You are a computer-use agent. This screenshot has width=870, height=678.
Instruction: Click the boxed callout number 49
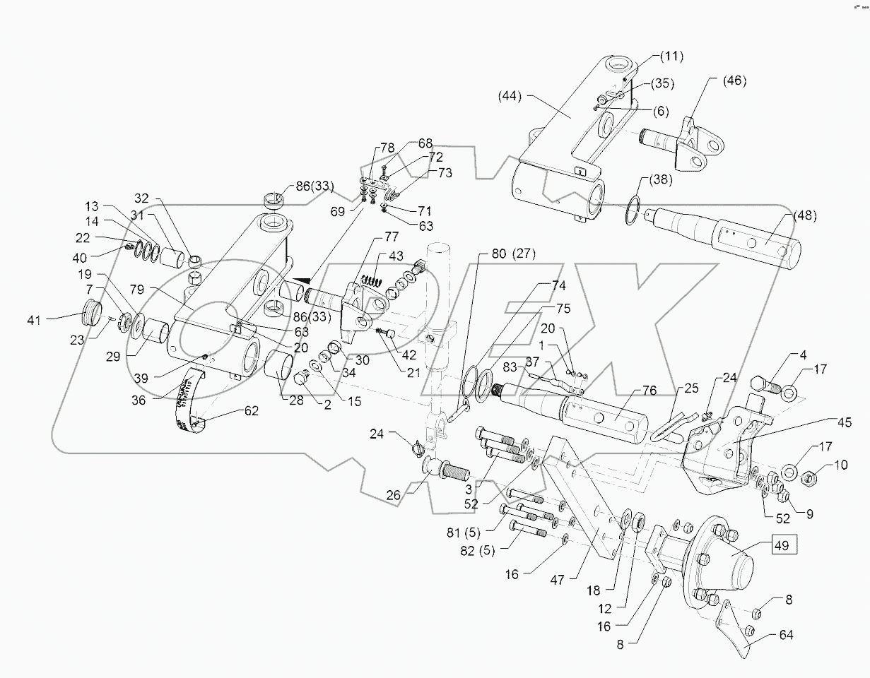[x=782, y=545]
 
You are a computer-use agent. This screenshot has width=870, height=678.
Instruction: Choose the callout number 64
[x=786, y=636]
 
